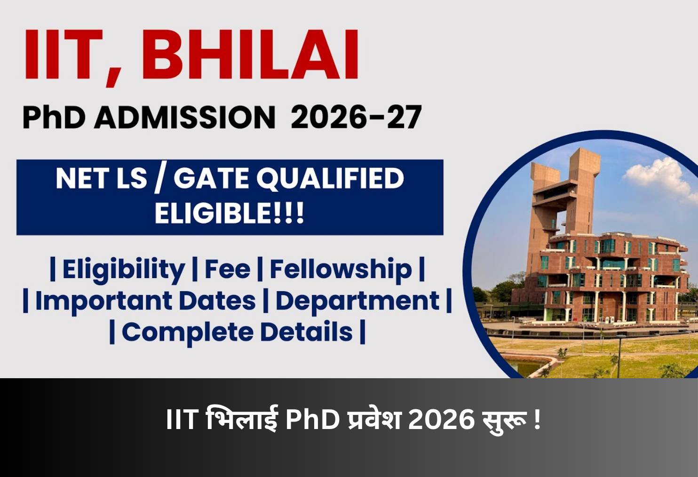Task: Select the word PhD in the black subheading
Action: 54,117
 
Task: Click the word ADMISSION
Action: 184,117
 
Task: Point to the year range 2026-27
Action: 356,117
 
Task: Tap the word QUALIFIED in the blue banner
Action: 330,178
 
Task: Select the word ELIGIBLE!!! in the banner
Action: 230,213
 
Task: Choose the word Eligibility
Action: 123,270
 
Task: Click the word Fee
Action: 227,270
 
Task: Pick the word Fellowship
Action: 340,270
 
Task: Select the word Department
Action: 357,301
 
